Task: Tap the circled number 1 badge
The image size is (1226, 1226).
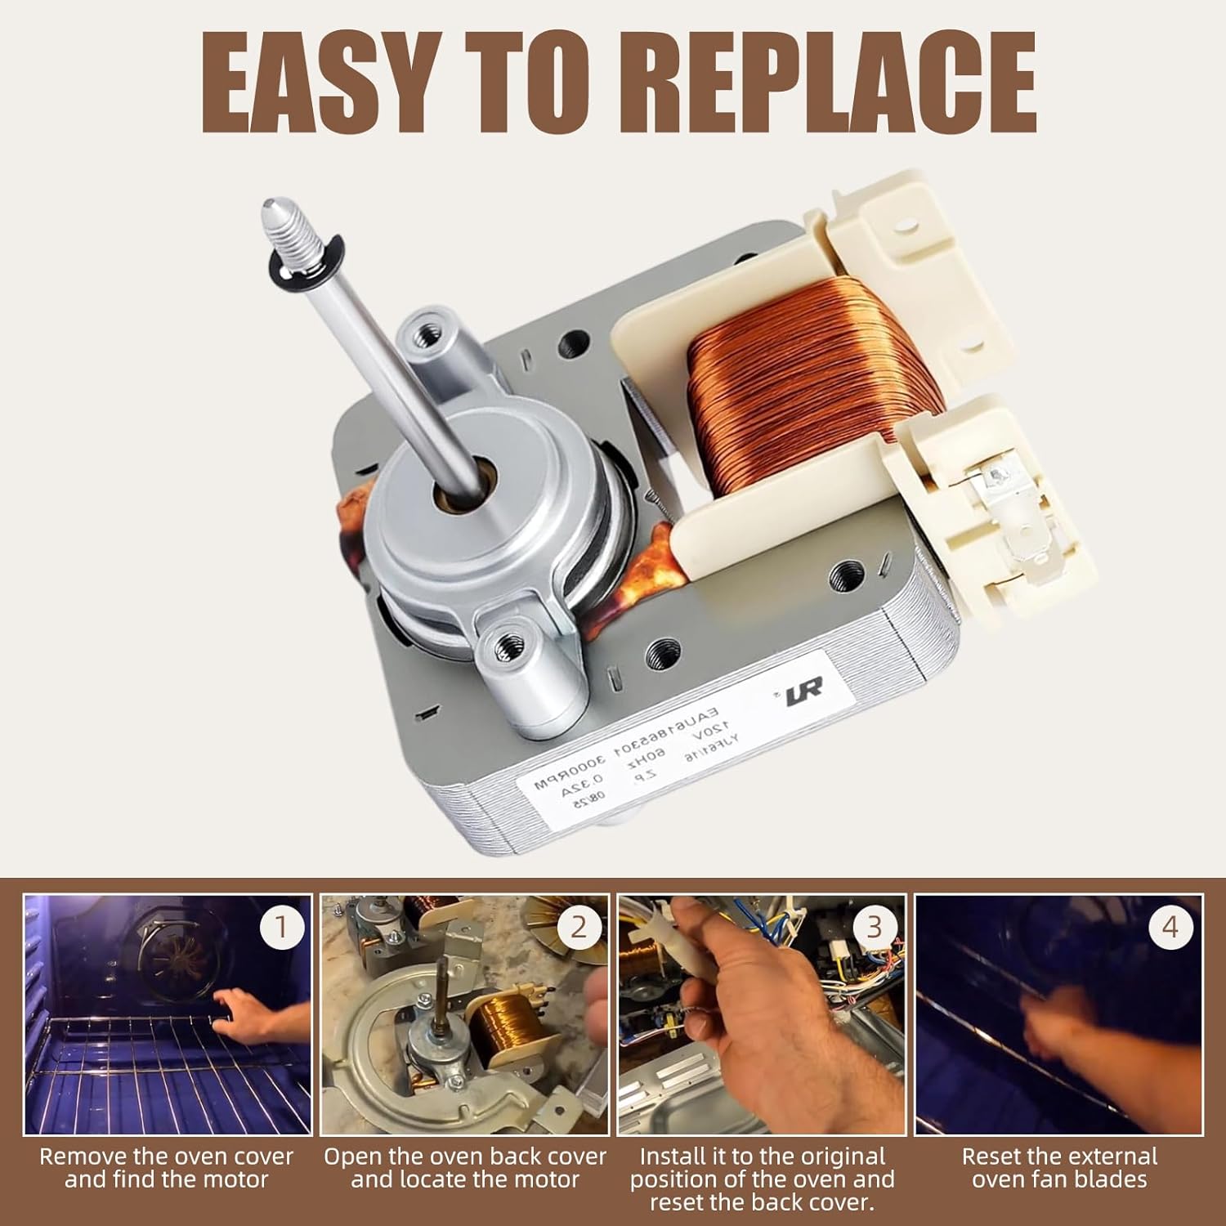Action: click(281, 927)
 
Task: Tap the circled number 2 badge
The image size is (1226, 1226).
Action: click(579, 927)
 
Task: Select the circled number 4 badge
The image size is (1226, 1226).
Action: click(1170, 927)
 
